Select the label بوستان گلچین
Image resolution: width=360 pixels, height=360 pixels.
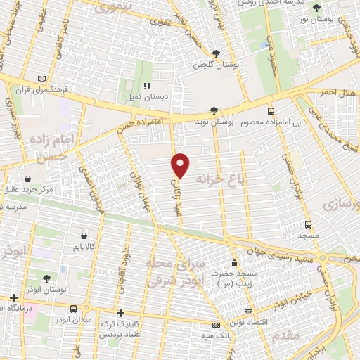tap(215, 65)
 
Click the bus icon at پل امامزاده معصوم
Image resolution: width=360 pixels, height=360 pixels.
tap(271, 110)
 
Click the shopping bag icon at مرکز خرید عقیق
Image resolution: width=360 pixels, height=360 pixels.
tap(27, 179)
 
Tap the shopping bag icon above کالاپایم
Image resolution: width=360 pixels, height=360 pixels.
tap(84, 236)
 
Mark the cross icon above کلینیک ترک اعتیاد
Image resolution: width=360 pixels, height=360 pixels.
tap(120, 313)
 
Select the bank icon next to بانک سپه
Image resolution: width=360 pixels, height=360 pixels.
tap(215, 324)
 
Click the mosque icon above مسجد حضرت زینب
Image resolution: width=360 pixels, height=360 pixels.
tap(234, 264)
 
